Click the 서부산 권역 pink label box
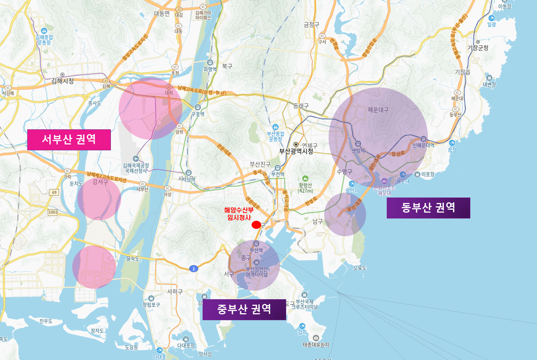[69, 140]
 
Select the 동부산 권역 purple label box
[428, 208]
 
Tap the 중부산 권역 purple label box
[244, 309]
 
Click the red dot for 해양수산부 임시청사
[256, 225]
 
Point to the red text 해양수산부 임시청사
[239, 214]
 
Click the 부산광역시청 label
[296, 151]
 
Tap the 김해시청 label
[63, 81]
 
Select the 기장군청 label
[478, 48]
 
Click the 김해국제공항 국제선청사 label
[136, 168]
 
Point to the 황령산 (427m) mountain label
[305, 188]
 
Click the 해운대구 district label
[378, 110]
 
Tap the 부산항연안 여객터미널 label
[257, 272]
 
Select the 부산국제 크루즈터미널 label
[304, 304]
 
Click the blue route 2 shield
[194, 269]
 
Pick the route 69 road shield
[55, 192]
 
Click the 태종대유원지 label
[316, 345]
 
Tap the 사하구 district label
[175, 291]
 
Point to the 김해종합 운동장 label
[44, 39]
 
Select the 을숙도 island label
[133, 259]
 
